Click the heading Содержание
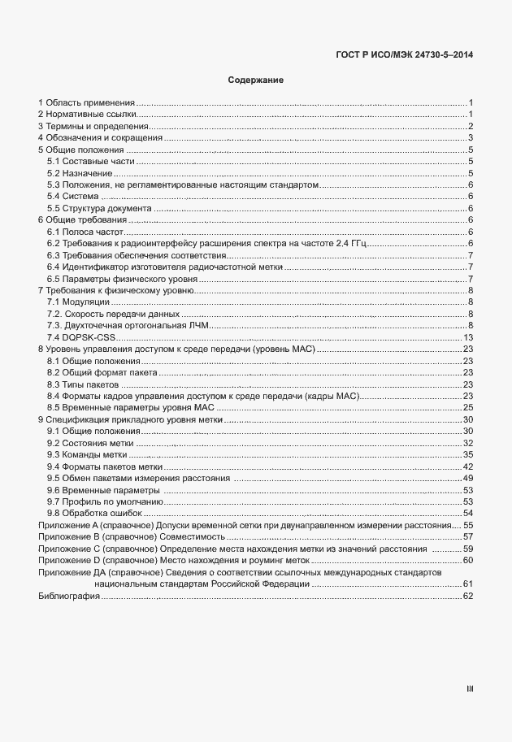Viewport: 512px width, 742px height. (x=255, y=80)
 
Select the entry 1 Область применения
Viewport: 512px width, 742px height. (x=86, y=102)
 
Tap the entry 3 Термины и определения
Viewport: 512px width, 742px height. (x=93, y=126)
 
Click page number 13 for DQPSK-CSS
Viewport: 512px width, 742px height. (x=468, y=337)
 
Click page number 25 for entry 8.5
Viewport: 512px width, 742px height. (x=468, y=407)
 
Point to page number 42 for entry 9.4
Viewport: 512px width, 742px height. (x=468, y=466)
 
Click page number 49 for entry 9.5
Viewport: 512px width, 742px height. (x=468, y=478)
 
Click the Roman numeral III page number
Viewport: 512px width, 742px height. (x=469, y=689)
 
